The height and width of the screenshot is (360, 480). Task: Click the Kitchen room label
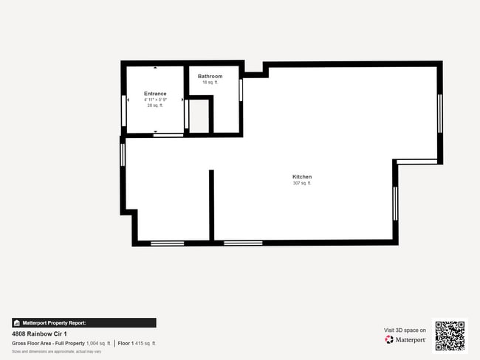tap(302, 177)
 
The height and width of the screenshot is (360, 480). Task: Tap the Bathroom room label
tap(210, 76)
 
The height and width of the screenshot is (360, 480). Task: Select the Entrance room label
tap(155, 94)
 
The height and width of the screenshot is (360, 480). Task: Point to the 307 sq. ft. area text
tap(302, 184)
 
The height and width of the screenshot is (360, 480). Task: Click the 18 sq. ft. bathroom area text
tap(210, 83)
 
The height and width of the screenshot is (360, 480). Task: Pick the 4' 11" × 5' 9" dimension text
tap(155, 100)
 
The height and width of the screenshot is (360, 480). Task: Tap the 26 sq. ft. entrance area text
tap(155, 105)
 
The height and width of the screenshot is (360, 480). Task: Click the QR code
tap(450, 335)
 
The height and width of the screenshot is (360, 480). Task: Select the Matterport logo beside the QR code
tap(405, 340)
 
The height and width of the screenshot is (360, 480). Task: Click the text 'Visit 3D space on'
tap(405, 330)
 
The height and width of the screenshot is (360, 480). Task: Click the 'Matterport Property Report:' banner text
tap(54, 323)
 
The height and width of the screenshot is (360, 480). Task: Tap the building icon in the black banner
tap(16, 323)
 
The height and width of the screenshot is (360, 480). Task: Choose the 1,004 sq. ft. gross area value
tap(98, 343)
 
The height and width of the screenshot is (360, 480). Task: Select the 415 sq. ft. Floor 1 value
tap(145, 343)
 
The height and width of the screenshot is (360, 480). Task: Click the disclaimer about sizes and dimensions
tap(56, 351)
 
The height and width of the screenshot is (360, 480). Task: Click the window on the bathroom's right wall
tap(241, 89)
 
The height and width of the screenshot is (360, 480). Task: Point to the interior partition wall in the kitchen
tap(211, 204)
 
